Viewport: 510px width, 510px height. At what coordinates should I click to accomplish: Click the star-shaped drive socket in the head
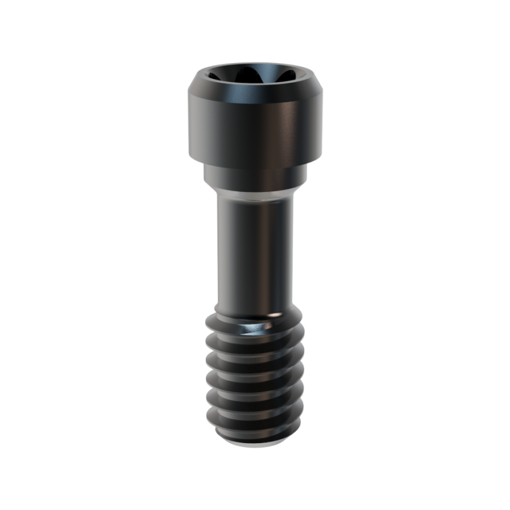[254, 78]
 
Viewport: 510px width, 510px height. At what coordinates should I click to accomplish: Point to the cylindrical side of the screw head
[254, 127]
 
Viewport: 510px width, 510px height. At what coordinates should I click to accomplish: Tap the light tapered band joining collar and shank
[254, 191]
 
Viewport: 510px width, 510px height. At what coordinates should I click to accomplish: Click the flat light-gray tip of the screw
[254, 444]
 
